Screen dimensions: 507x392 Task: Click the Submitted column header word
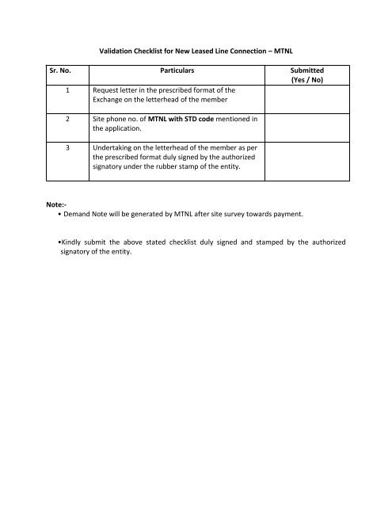tap(310, 71)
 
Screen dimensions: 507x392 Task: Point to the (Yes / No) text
tap(310, 81)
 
